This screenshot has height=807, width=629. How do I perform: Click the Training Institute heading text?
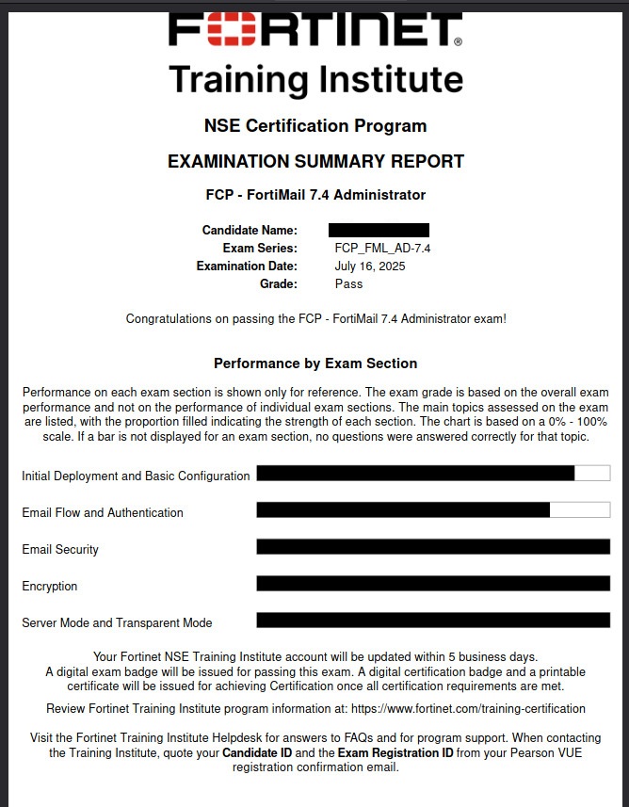coord(315,79)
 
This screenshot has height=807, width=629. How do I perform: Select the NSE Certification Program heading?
coord(315,126)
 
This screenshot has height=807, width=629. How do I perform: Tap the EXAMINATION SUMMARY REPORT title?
coord(315,161)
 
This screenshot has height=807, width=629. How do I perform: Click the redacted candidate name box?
coord(379,230)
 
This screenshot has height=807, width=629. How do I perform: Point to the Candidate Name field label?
coord(250,230)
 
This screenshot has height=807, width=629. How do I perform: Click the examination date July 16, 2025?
coord(370,266)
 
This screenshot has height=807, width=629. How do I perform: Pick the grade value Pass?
coord(348,283)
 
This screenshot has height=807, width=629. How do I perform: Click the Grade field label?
coord(279,283)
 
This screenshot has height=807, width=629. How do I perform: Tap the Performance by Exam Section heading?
coord(315,363)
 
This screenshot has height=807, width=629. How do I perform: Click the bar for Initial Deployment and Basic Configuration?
coord(415,474)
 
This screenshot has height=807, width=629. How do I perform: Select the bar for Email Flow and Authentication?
coord(403,510)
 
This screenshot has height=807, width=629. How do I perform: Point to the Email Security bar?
coord(433,547)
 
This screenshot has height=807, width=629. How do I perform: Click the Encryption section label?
coord(50,587)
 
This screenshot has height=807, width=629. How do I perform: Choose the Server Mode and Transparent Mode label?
coord(117,623)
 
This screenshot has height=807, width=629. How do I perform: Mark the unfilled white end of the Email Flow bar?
coord(579,510)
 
